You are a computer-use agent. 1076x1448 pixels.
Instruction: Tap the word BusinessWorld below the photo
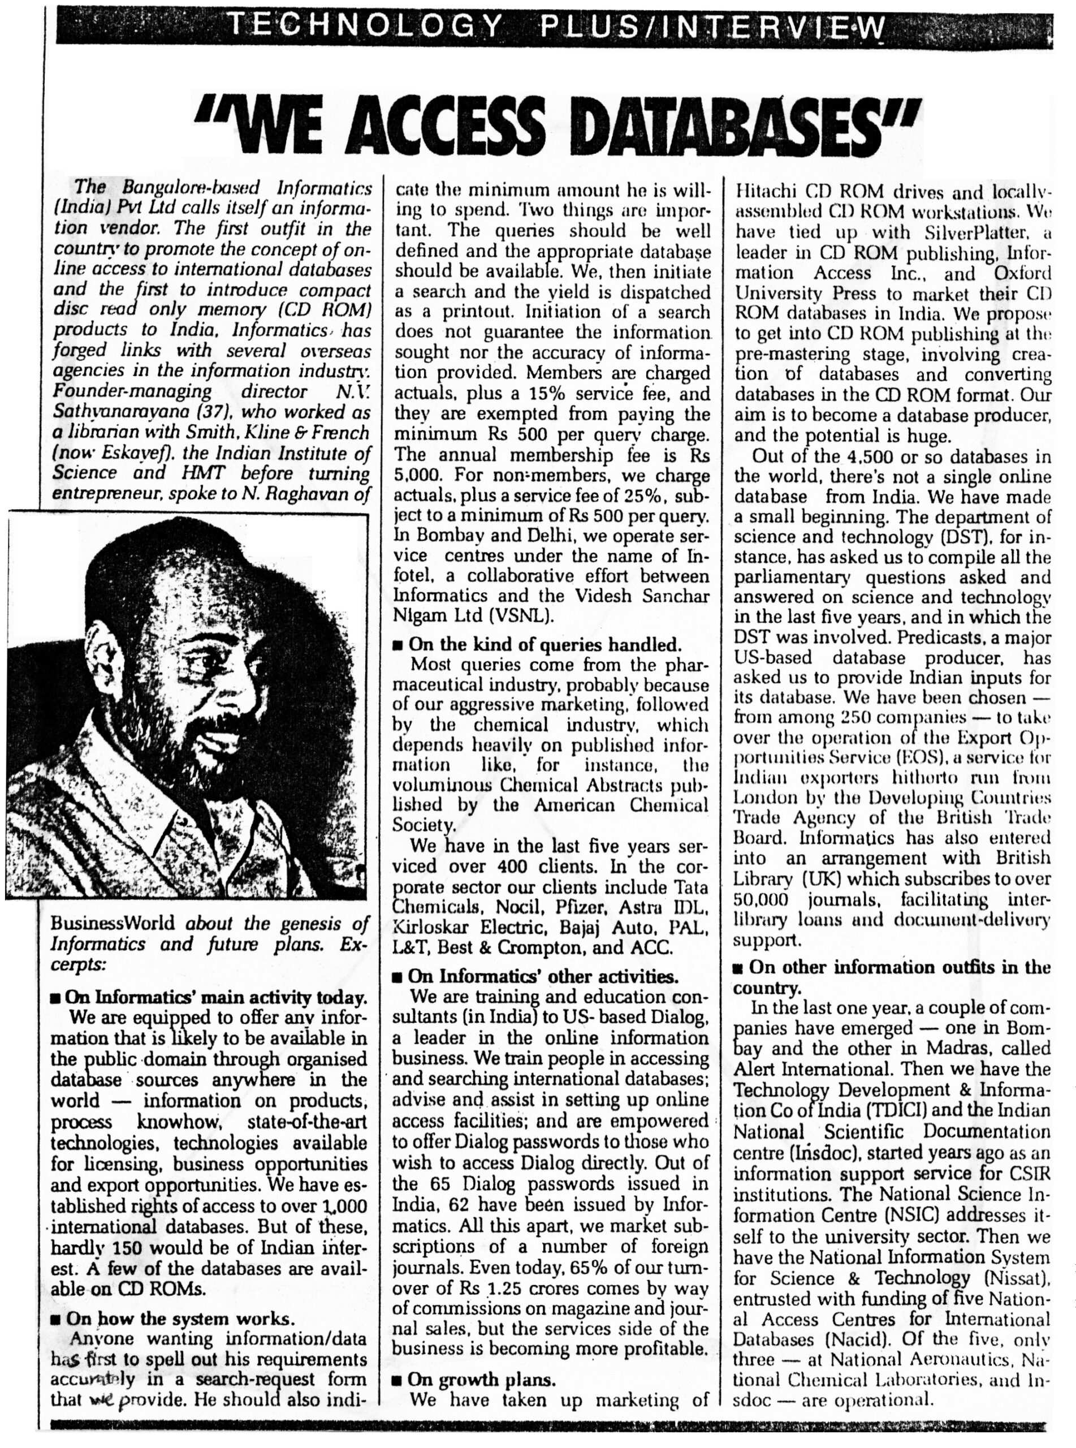click(x=117, y=924)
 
